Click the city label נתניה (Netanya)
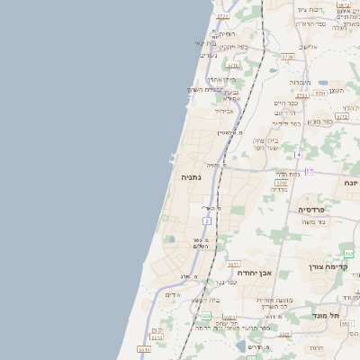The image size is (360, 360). tap(192, 178)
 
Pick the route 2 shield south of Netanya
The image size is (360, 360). tap(207, 220)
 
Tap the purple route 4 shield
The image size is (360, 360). tap(298, 154)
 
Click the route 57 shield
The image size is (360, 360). tap(309, 171)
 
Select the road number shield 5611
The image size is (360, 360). tap(232, 264)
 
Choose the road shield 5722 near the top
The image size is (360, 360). tap(222, 16)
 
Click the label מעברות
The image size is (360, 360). tap(300, 82)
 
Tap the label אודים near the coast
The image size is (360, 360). tap(173, 294)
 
